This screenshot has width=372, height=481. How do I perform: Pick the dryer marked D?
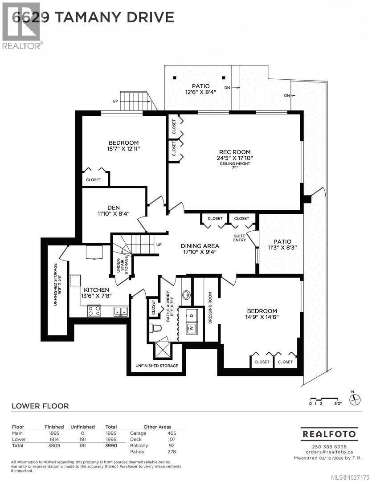tap(192, 314)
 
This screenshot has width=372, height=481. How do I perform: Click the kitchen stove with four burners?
tap(94, 311)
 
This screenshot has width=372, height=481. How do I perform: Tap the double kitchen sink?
tap(120, 311)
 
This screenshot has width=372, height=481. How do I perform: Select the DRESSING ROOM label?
tap(210, 307)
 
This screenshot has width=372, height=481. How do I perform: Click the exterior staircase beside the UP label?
tap(138, 101)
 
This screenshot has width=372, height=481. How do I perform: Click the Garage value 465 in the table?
tap(172, 433)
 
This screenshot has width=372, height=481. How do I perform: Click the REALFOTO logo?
tap(329, 433)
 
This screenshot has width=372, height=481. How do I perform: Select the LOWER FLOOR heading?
tap(40, 406)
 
